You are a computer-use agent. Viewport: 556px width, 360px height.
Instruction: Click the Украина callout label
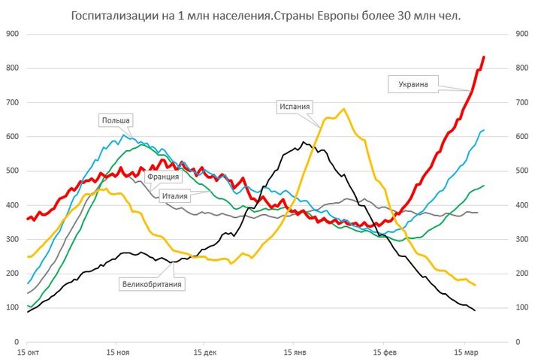coord(414,84)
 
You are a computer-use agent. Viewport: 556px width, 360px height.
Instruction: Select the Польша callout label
coord(116,120)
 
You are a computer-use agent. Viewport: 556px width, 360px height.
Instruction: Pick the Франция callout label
coord(163,177)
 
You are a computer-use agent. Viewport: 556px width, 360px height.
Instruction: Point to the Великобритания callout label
coord(153,283)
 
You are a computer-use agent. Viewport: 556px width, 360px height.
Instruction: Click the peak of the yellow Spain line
coord(343,109)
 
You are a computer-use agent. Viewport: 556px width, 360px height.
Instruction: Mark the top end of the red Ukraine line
coord(484,57)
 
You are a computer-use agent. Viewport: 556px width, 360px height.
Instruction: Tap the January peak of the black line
coord(304,142)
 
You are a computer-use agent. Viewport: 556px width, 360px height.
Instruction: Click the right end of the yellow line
coord(475,285)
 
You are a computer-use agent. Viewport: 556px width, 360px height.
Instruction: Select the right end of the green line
coord(484,186)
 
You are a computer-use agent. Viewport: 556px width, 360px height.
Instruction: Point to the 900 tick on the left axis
coord(12,34)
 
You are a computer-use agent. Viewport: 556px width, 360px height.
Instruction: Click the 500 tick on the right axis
coord(522,171)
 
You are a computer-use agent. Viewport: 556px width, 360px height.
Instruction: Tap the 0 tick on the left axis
coord(17,341)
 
